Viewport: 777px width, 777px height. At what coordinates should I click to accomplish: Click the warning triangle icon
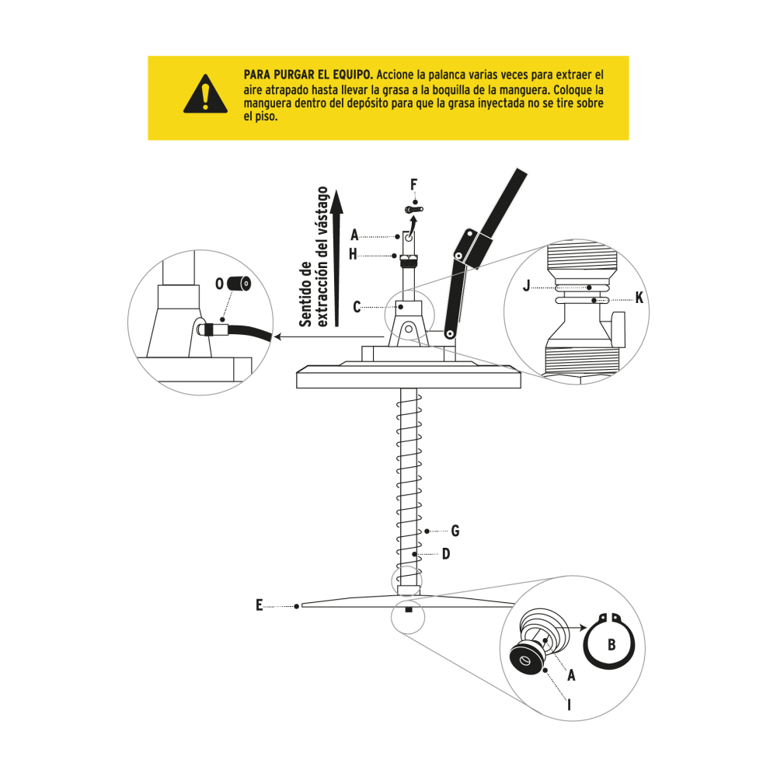point(204,95)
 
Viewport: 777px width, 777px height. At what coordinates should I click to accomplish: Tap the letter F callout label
point(414,184)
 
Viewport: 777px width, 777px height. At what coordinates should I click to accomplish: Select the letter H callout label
point(354,254)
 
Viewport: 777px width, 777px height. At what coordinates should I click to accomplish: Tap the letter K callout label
point(639,297)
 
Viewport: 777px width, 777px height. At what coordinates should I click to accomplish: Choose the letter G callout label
point(455,531)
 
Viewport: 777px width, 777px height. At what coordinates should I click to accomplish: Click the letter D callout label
point(446,554)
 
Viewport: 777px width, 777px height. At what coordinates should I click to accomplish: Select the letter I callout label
point(570,705)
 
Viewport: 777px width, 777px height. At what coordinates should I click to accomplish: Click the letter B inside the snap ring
point(611,645)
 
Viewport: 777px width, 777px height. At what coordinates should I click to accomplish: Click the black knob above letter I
point(524,661)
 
